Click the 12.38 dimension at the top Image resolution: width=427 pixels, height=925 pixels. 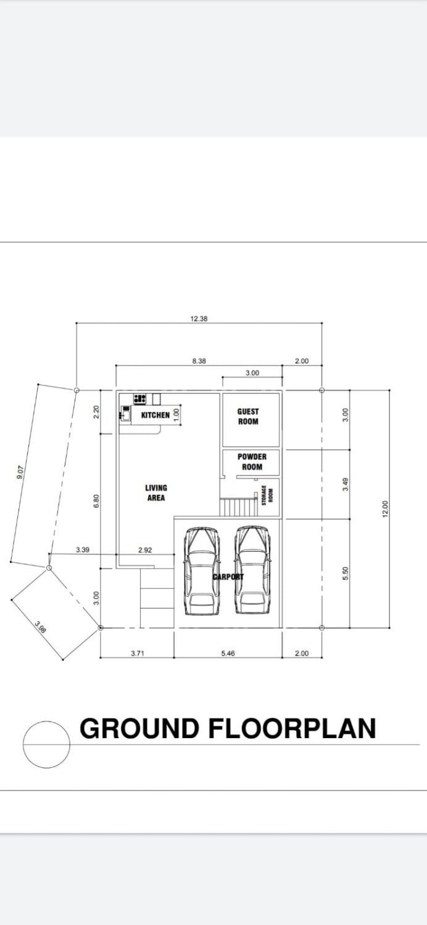pyautogui.click(x=199, y=319)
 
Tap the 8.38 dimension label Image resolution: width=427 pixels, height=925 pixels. pyautogui.click(x=199, y=361)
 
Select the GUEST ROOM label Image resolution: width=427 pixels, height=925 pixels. pyautogui.click(x=248, y=416)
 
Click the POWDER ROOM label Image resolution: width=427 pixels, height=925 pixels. pyautogui.click(x=252, y=462)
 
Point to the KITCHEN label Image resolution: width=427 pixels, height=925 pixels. pyautogui.click(x=155, y=415)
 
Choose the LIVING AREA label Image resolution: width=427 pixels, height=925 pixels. pyautogui.click(x=156, y=493)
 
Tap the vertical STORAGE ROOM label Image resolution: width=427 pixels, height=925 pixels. pyautogui.click(x=267, y=495)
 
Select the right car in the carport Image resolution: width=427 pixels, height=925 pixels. pyautogui.click(x=252, y=570)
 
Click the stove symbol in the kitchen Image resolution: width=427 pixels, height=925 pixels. pyautogui.click(x=139, y=399)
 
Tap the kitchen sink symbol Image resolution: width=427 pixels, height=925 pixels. pyautogui.click(x=125, y=413)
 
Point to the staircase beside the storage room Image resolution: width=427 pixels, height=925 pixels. pyautogui.click(x=238, y=507)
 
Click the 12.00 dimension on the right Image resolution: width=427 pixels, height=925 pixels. pyautogui.click(x=385, y=509)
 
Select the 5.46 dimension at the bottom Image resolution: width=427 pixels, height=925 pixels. pyautogui.click(x=228, y=653)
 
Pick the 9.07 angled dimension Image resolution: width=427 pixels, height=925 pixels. pyautogui.click(x=19, y=472)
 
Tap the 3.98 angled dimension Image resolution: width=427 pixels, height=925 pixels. pyautogui.click(x=40, y=627)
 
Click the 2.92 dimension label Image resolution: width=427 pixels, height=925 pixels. pyautogui.click(x=145, y=549)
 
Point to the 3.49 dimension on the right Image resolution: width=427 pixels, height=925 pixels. pyautogui.click(x=346, y=484)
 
